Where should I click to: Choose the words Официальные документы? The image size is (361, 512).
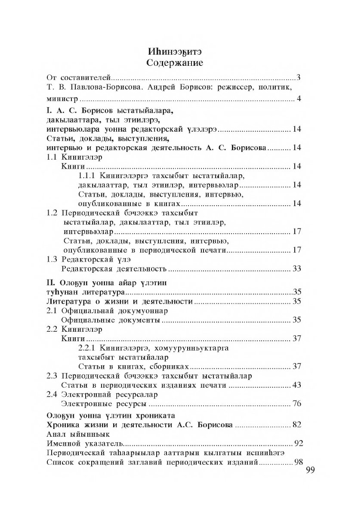click(111, 320)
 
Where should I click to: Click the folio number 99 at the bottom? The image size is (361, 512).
click(310, 470)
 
